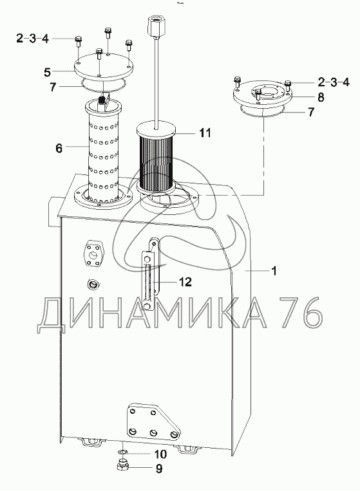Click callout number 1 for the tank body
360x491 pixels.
pyautogui.click(x=274, y=270)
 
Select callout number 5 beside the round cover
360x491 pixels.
pyautogui.click(x=47, y=72)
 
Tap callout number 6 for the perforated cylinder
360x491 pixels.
pyautogui.click(x=59, y=148)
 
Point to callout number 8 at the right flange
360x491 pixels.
pyautogui.click(x=321, y=97)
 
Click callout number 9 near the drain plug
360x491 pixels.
pyautogui.click(x=159, y=468)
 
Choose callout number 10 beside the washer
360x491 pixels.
pyautogui.click(x=160, y=454)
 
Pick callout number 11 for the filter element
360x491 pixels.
pyautogui.click(x=205, y=133)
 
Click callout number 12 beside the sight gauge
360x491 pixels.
pyautogui.click(x=185, y=282)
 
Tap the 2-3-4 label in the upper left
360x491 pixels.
pyautogui.click(x=33, y=39)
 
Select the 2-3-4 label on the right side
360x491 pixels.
pyautogui.click(x=334, y=82)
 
